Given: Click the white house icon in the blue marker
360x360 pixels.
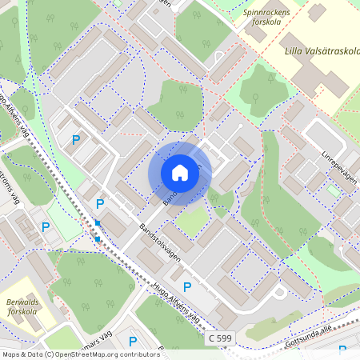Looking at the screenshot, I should (180, 173).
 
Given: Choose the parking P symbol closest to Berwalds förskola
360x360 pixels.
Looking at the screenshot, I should (46, 227).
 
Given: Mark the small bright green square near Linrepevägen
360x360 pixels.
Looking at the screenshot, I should (332, 190).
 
